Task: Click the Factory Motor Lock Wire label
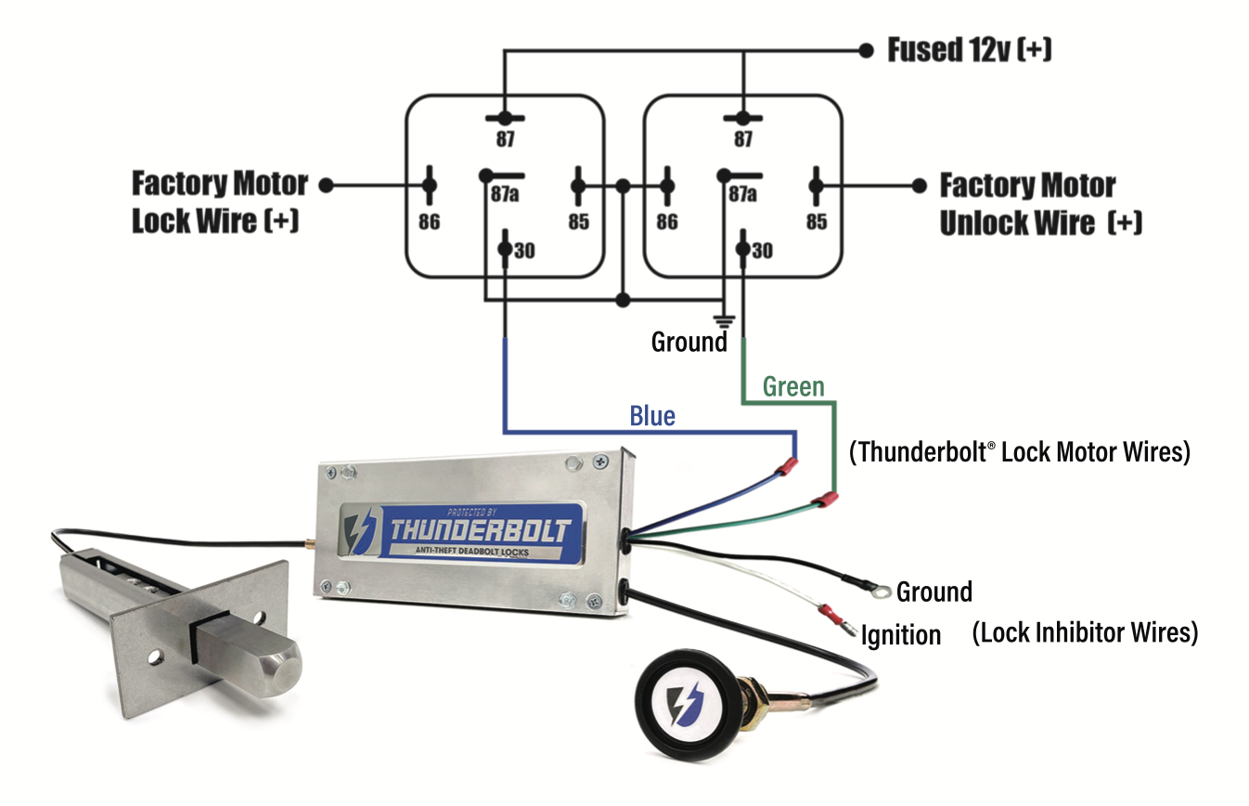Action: point(219,202)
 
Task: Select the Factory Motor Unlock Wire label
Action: point(1039,204)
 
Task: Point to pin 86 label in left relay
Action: point(429,222)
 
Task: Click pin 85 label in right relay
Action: point(817,222)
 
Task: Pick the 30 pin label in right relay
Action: point(762,251)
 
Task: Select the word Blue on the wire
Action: point(651,416)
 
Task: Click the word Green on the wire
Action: point(792,387)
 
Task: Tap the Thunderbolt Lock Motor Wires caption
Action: point(1019,452)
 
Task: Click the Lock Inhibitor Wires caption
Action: point(1085,633)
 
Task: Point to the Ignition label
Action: point(900,636)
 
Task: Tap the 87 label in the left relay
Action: point(504,139)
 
